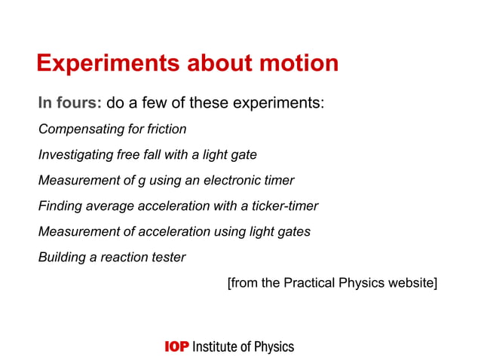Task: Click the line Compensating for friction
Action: (x=112, y=130)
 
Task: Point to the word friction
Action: (x=167, y=130)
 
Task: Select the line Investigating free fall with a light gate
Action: (x=148, y=155)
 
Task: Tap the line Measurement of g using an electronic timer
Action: (x=166, y=181)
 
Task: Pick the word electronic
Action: (x=229, y=181)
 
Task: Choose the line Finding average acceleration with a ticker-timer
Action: (x=178, y=206)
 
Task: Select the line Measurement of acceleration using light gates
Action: (x=174, y=232)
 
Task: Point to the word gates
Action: (x=293, y=232)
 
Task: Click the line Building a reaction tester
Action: (x=112, y=258)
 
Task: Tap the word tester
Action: (x=167, y=258)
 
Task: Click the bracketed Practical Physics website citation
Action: (x=332, y=283)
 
